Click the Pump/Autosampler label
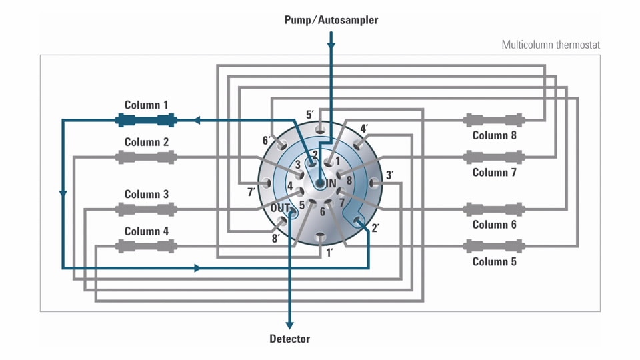tap(331, 20)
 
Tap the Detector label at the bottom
tap(289, 339)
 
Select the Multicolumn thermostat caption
tap(551, 45)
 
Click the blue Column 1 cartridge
tap(146, 121)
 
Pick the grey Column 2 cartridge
tap(146, 157)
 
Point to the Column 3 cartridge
tap(146, 209)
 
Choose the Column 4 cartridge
tap(146, 246)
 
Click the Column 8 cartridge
tap(494, 121)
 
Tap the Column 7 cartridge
tap(494, 157)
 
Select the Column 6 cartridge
tap(494, 209)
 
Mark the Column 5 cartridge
tap(494, 246)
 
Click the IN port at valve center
tap(321, 183)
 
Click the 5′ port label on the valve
tap(310, 115)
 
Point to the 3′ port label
tap(389, 176)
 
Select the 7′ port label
tap(251, 193)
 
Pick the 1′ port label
tap(329, 253)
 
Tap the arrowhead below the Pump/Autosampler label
tap(331, 45)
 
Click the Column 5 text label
tap(494, 261)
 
